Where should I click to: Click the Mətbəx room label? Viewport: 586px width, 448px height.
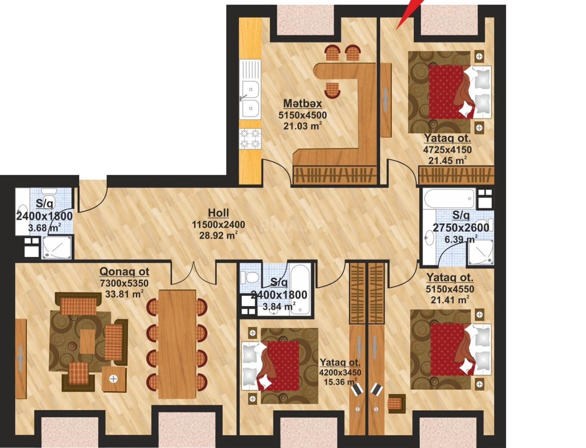click(x=302, y=103)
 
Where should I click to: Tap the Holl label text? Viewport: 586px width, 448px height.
click(x=218, y=213)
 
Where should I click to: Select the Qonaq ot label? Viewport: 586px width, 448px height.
click(x=124, y=272)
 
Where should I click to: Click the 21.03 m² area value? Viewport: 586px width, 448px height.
click(x=302, y=125)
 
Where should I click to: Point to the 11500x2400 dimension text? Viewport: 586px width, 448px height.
click(x=218, y=224)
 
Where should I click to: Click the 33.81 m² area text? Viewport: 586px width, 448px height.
click(x=124, y=294)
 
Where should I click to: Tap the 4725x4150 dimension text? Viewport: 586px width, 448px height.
click(x=447, y=149)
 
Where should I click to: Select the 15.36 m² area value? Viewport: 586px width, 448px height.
click(x=340, y=382)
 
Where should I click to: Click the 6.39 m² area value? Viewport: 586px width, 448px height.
click(x=461, y=239)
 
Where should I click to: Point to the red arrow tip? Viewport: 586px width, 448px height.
click(x=397, y=29)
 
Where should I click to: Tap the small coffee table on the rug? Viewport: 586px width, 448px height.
click(x=87, y=342)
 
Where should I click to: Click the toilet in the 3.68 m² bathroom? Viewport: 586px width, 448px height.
click(x=49, y=197)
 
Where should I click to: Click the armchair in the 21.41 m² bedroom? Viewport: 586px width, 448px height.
click(x=396, y=404)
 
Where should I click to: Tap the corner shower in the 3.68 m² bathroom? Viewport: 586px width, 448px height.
click(x=57, y=248)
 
